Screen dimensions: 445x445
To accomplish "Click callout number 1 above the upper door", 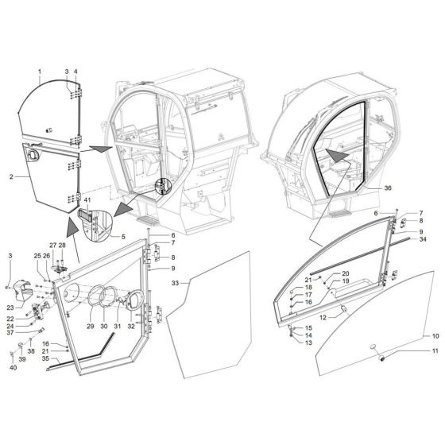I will (x=39, y=72).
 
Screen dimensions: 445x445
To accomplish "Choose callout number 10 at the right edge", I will (x=435, y=336).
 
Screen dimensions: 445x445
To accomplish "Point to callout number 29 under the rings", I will (x=90, y=326).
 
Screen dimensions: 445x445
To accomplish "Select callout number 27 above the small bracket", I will (x=53, y=246).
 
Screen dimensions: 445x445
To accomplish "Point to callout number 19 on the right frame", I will (x=323, y=281).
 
